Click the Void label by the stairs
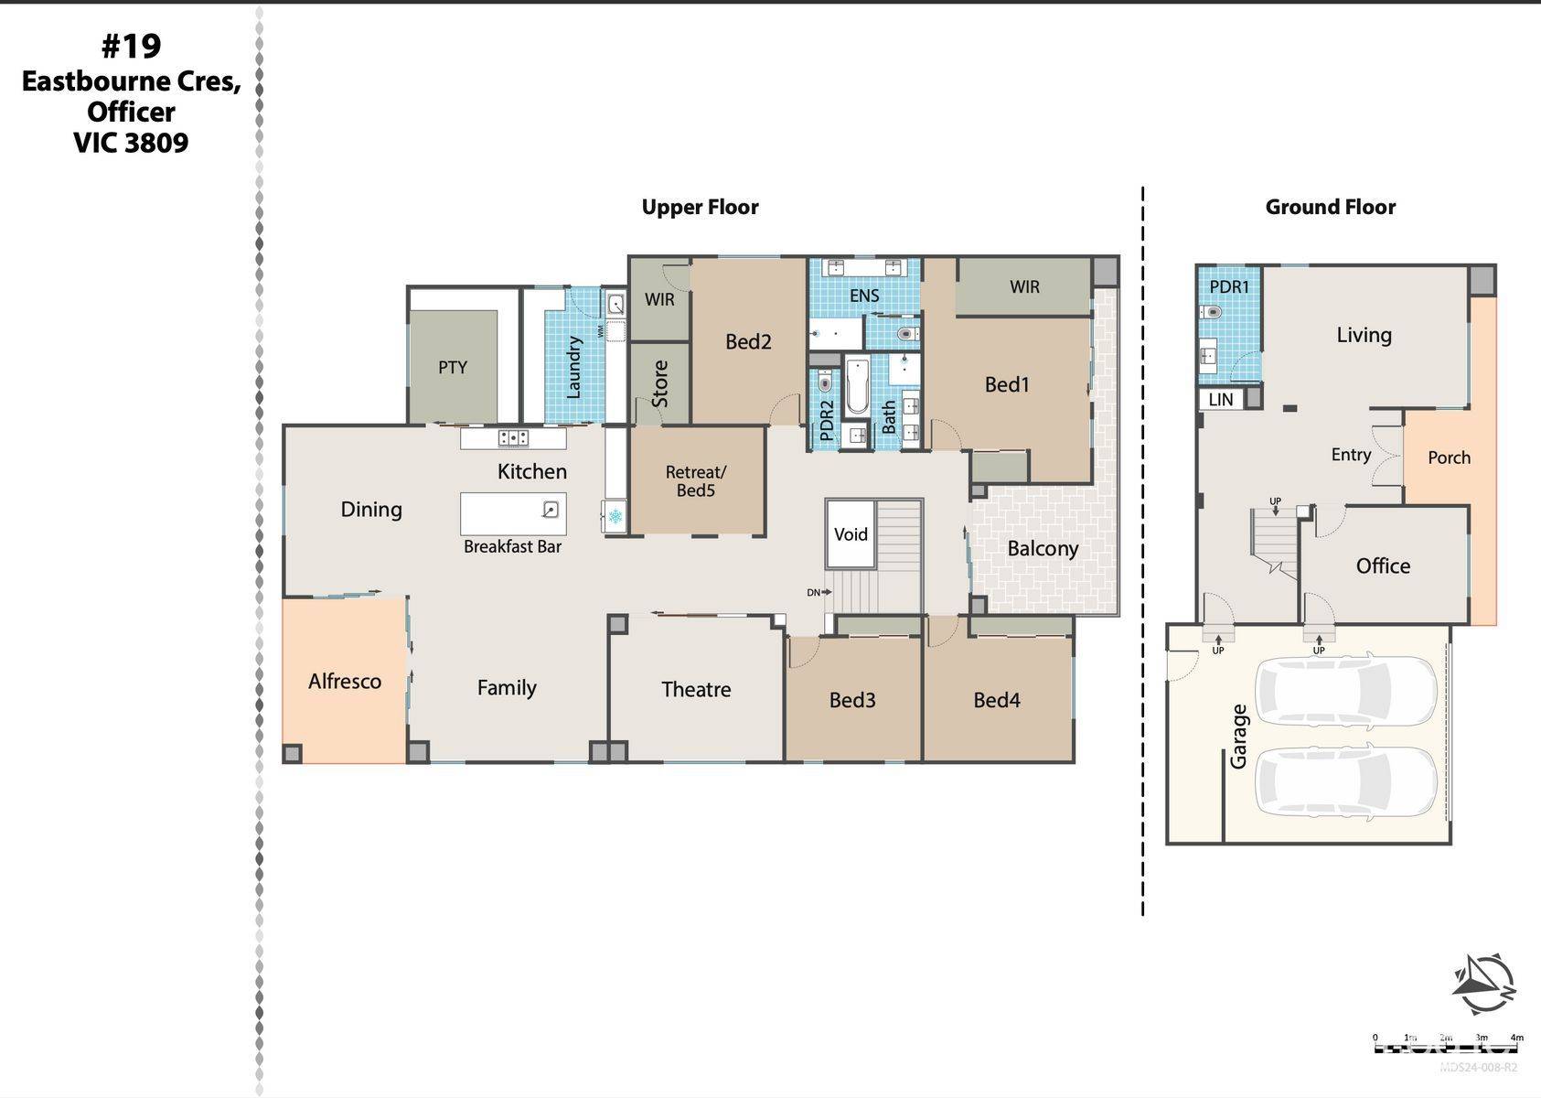point(851,534)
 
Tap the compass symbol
point(1483,984)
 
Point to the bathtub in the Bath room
point(857,388)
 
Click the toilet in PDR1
point(1214,313)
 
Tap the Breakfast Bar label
point(512,547)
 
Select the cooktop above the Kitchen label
point(513,438)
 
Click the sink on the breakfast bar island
point(550,510)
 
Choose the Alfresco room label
point(344,682)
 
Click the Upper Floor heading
point(700,208)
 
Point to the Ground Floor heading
point(1330,208)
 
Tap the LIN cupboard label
point(1220,400)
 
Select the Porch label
point(1449,457)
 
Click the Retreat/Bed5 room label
point(695,481)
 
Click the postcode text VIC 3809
point(131,144)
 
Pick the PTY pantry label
point(452,368)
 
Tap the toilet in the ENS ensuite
point(906,333)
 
